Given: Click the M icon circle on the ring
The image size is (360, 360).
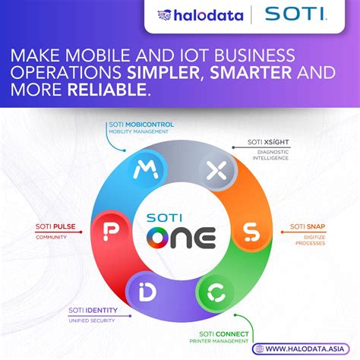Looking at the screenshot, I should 141,172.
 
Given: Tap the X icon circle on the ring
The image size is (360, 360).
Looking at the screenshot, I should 216,172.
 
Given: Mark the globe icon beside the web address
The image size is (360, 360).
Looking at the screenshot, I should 260,349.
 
